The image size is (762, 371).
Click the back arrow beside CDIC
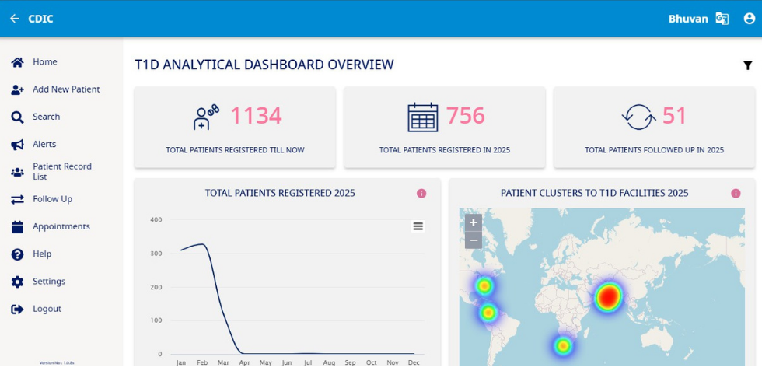(14, 19)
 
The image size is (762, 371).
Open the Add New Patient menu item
(65, 89)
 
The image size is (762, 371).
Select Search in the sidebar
(46, 117)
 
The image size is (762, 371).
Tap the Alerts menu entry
(44, 144)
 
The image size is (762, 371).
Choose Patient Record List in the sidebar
(61, 171)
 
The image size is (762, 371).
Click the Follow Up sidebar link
(52, 199)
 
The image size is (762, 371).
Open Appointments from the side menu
(61, 226)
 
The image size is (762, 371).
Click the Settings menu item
(48, 282)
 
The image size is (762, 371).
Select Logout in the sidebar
(47, 309)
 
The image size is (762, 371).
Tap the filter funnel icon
(747, 65)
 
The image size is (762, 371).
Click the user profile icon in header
(749, 19)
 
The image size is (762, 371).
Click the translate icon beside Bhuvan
(722, 19)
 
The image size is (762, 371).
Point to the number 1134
(256, 116)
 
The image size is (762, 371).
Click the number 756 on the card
(465, 116)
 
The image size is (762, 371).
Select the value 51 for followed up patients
(674, 116)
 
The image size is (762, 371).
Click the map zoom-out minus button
(473, 240)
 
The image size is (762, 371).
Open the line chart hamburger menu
(418, 226)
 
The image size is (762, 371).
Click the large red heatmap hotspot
(608, 296)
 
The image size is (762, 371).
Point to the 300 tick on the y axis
(156, 254)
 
